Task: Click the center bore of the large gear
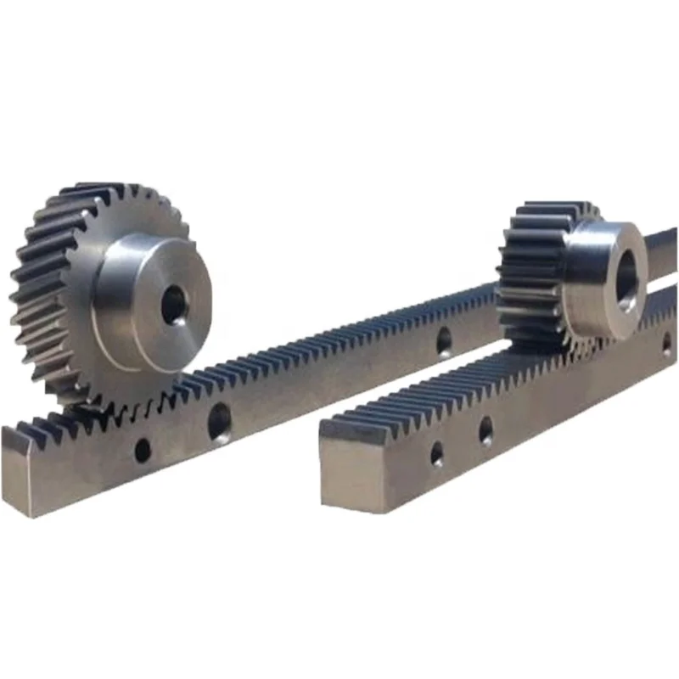point(175,304)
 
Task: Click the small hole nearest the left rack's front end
point(143,449)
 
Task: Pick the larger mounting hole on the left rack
point(219,421)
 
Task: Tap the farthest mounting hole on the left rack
point(444,340)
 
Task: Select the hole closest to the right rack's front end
point(436,454)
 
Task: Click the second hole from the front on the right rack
point(485,431)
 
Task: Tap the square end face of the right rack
point(351,472)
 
